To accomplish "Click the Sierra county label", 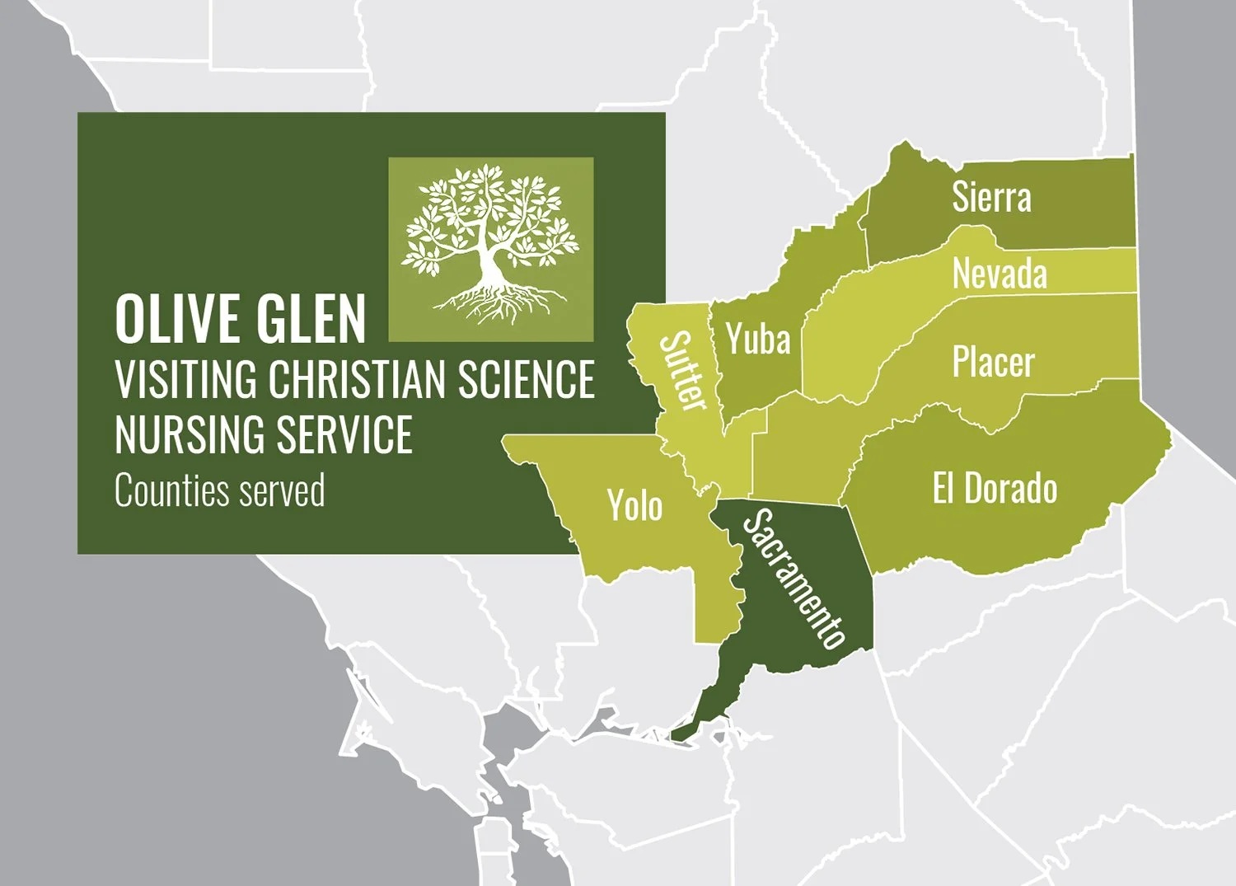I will (991, 198).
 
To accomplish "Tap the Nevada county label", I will (1000, 274).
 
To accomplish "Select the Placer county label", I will (993, 362).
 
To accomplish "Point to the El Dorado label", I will (995, 489).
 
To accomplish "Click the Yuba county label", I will (758, 340).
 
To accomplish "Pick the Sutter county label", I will (685, 371).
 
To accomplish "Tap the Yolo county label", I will (634, 505).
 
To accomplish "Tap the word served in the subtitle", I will (281, 490).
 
